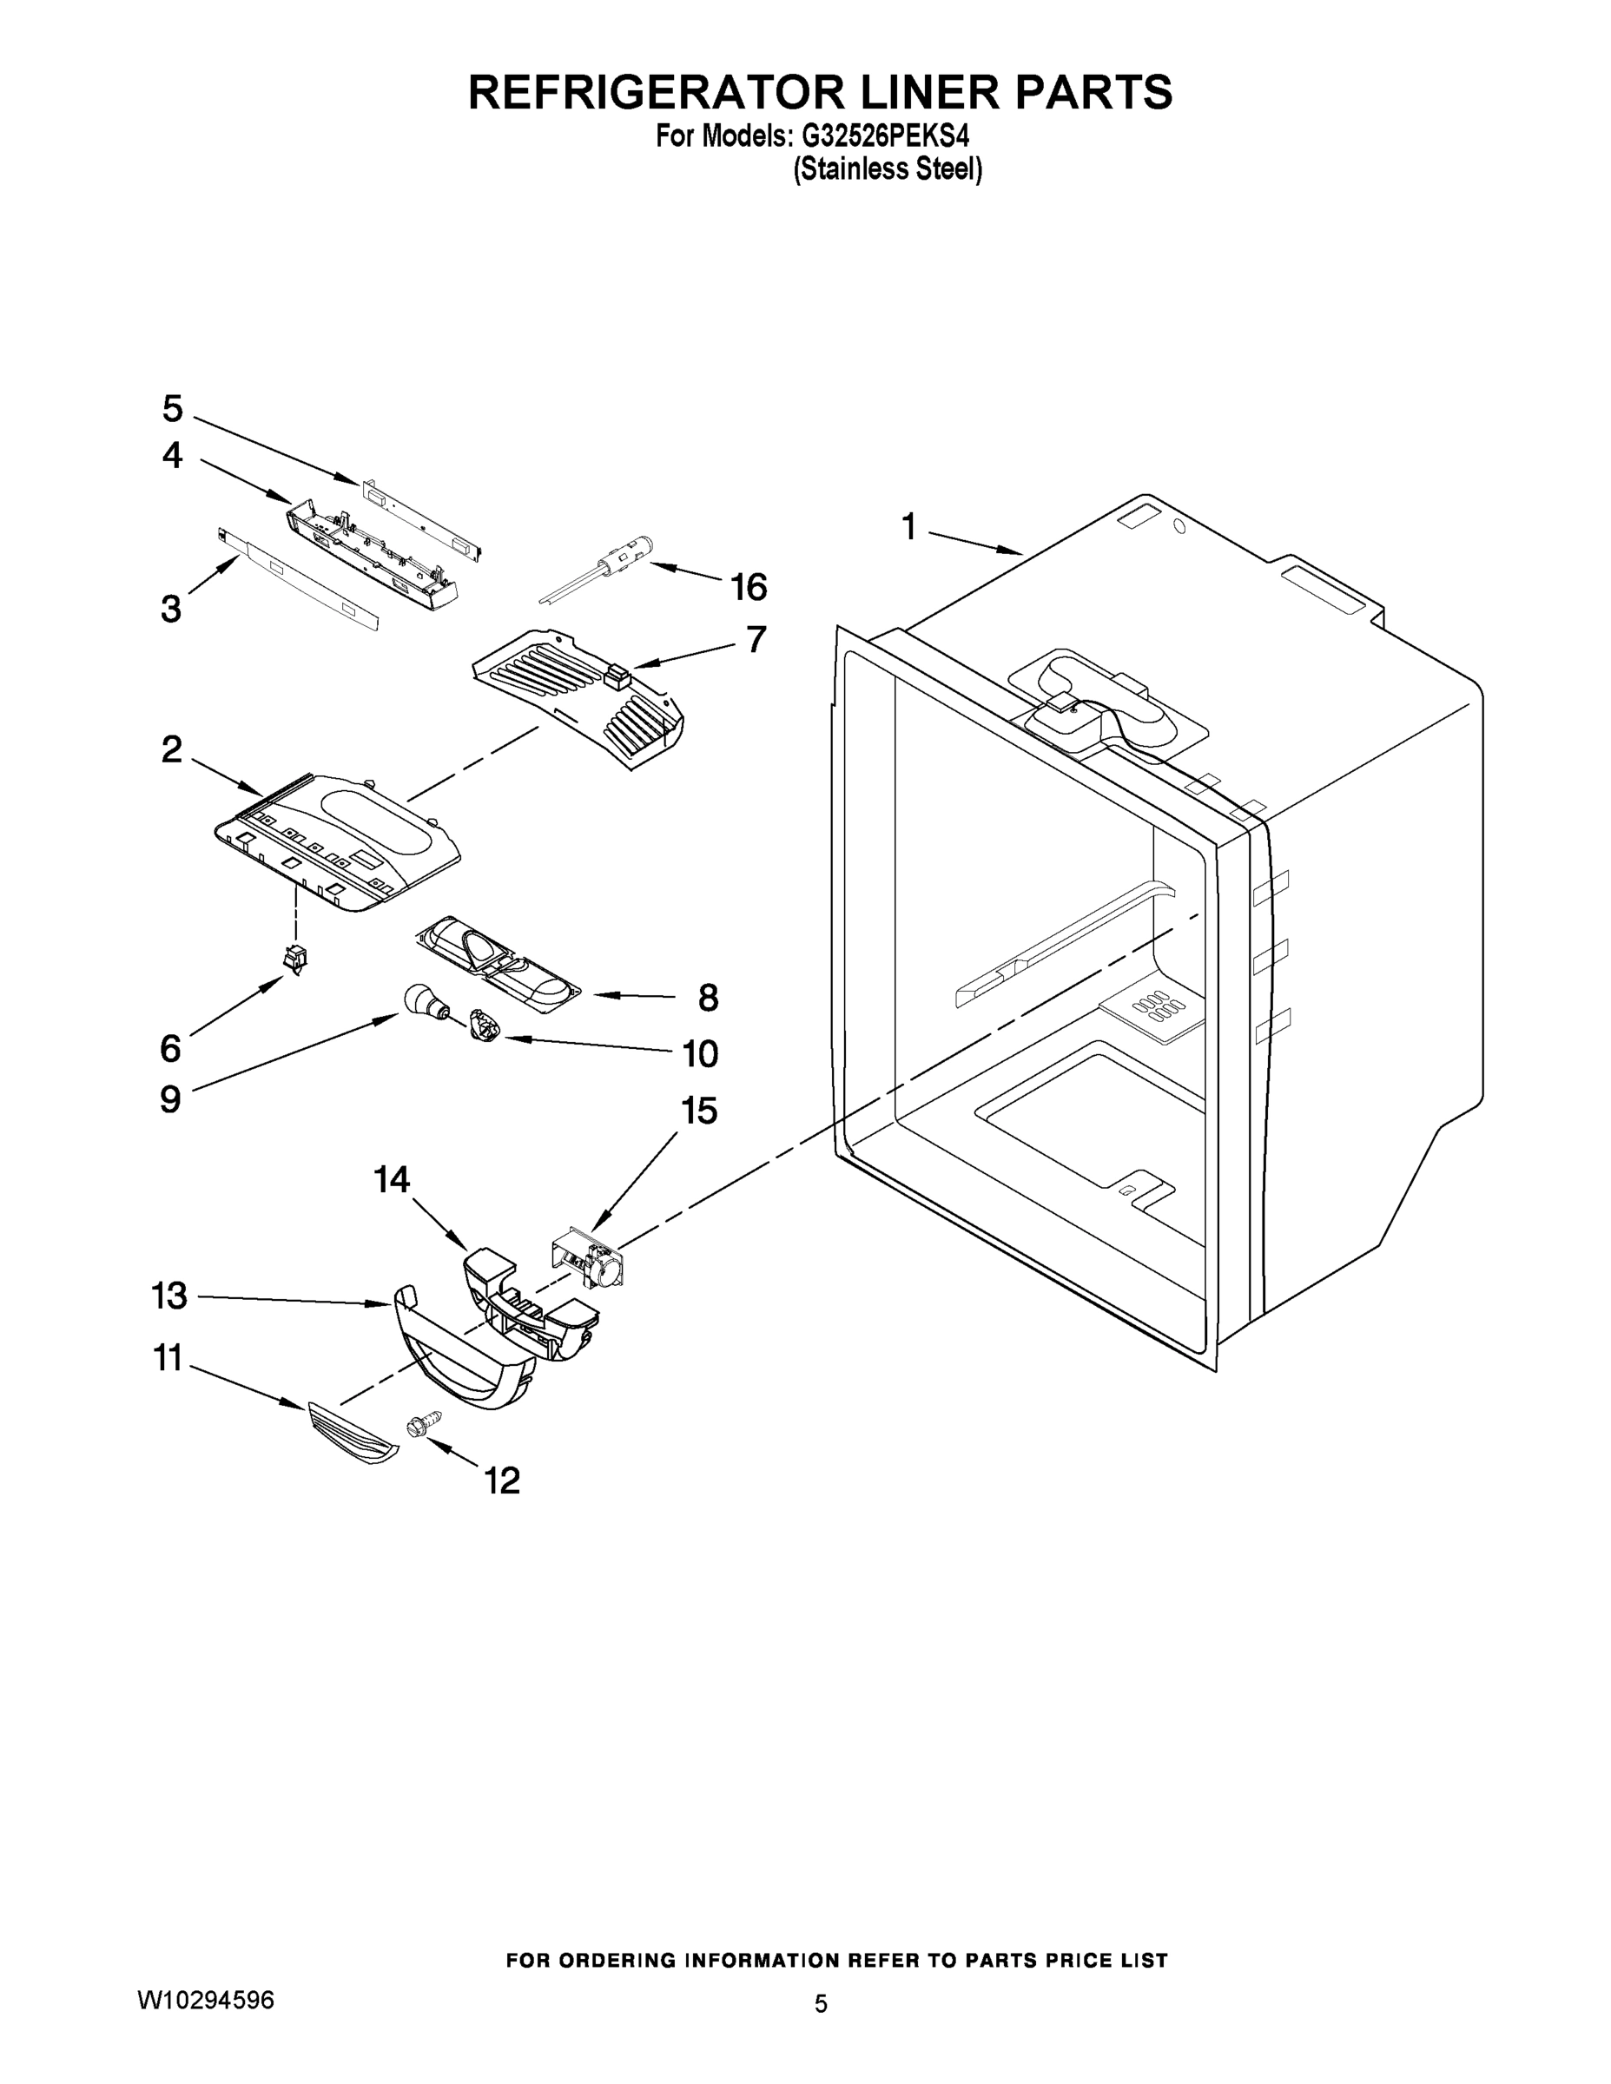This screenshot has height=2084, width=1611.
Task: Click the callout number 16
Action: (749, 587)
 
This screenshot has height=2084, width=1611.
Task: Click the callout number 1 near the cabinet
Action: (908, 525)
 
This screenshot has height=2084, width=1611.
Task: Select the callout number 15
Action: (700, 1111)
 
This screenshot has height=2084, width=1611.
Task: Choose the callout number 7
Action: (756, 638)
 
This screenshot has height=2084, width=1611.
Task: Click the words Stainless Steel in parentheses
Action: (888, 170)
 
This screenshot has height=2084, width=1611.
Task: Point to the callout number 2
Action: (172, 749)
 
